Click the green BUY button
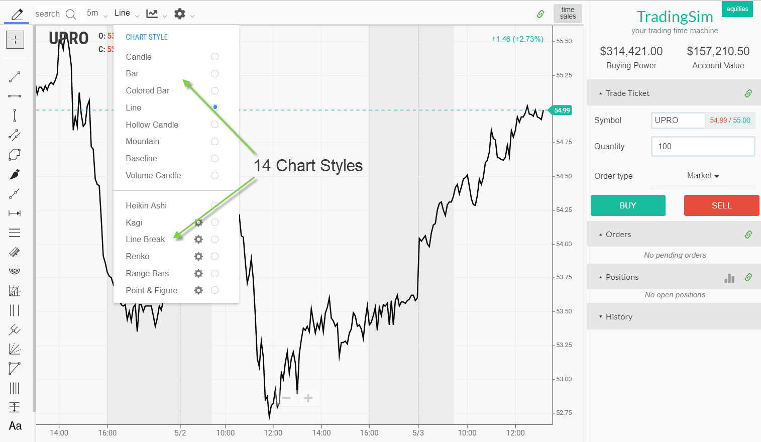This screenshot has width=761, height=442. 627,205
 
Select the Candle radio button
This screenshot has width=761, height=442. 214,57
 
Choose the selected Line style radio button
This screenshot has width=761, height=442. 214,107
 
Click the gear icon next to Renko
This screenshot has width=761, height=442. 198,257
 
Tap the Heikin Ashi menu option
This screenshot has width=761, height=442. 146,205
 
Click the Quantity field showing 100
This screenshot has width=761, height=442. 703,147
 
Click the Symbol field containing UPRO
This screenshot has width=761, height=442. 678,121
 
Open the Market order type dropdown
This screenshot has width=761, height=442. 703,176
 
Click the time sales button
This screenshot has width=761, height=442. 568,13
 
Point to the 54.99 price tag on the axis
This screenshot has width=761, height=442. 562,110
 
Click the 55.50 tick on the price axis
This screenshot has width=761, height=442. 564,41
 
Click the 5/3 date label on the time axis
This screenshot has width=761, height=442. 418,432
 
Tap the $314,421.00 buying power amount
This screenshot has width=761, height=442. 631,51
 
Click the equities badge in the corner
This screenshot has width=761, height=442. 737,9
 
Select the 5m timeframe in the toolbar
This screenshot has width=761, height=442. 93,13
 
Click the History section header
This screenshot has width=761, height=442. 619,317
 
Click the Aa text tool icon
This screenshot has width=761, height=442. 15,426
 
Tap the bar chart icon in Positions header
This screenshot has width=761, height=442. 729,278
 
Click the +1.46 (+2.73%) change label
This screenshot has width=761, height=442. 517,39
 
